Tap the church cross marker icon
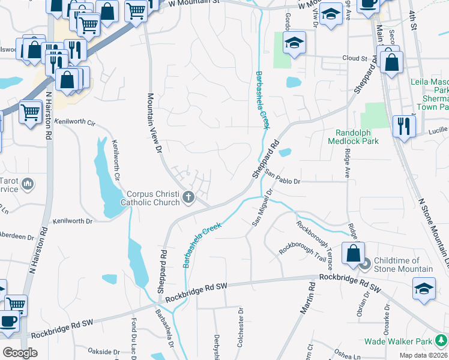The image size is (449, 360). click(188, 197)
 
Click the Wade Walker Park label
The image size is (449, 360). click(399, 342)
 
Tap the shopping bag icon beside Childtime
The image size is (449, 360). click(354, 253)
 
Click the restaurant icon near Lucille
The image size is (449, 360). click(403, 127)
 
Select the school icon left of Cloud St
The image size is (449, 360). click(294, 43)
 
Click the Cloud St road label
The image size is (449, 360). click(355, 59)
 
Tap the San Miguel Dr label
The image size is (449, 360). click(262, 208)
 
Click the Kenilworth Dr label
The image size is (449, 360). click(73, 221)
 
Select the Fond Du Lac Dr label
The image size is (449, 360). click(134, 337)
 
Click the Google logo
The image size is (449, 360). click(20, 353)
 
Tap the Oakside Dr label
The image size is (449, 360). click(104, 352)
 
